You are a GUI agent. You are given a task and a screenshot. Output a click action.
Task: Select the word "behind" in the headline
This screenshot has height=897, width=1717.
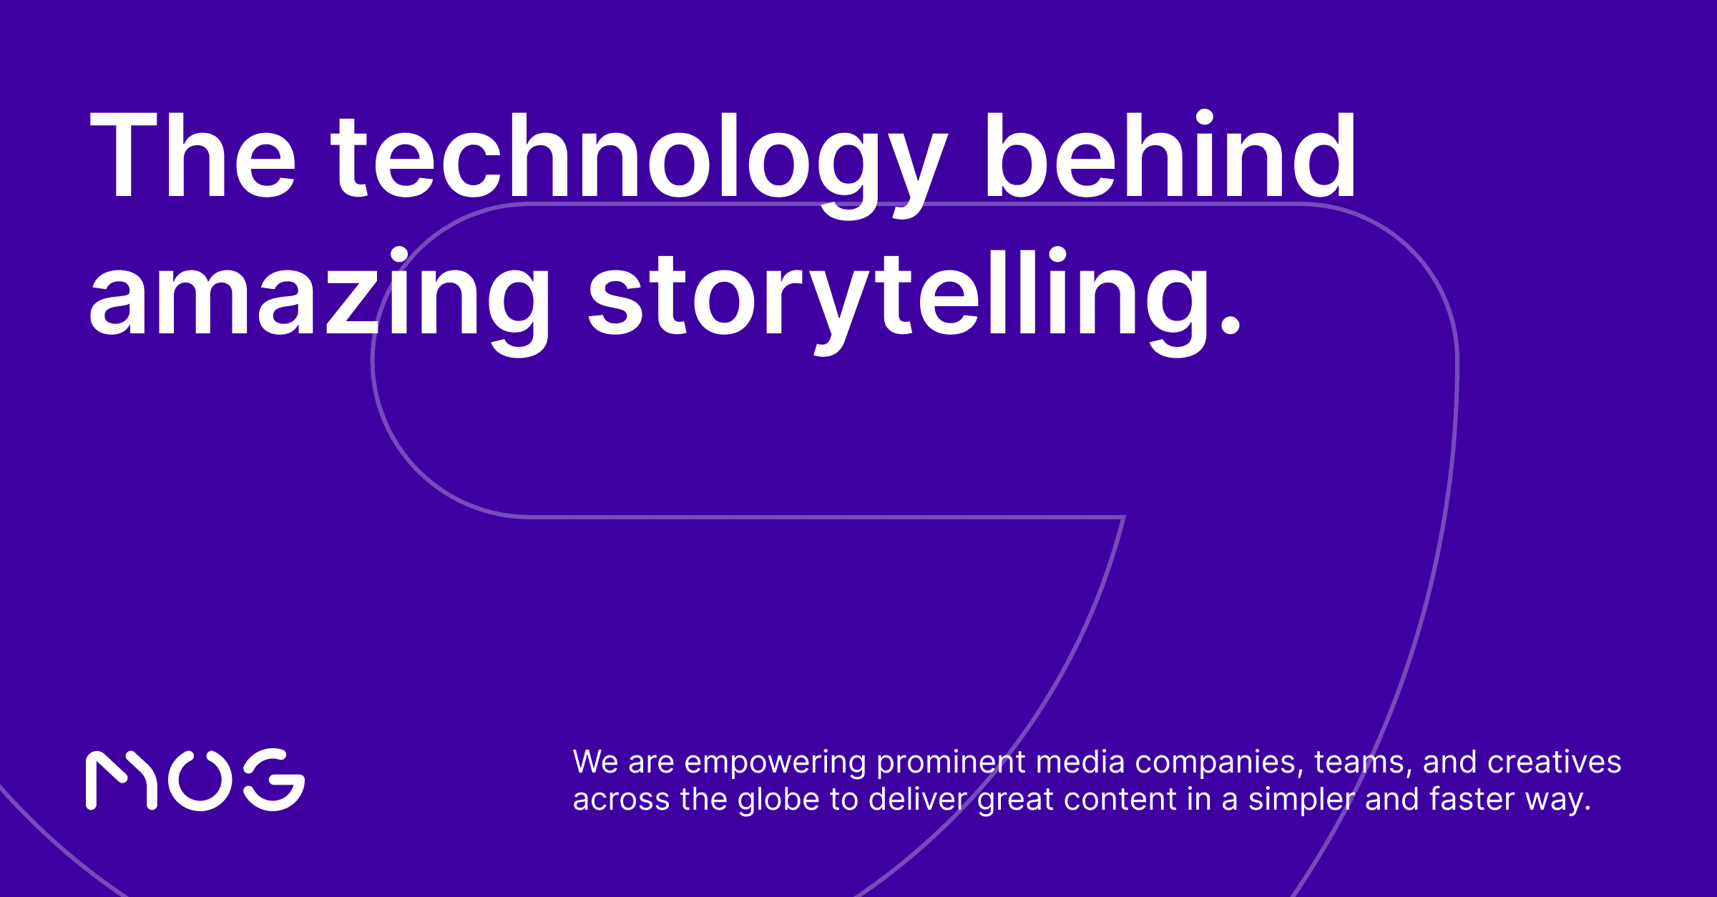[x=1170, y=156]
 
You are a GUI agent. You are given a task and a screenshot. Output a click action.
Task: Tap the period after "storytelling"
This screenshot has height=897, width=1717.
[x=1230, y=325]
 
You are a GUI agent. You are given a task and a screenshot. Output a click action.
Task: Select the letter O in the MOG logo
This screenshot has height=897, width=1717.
[x=200, y=780]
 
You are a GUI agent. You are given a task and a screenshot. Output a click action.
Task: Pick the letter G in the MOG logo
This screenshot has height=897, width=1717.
[x=275, y=780]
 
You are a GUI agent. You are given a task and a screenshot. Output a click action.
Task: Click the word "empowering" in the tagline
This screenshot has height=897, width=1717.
[x=775, y=763]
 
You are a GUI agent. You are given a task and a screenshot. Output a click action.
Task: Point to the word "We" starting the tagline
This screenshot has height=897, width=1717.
[x=595, y=763]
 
